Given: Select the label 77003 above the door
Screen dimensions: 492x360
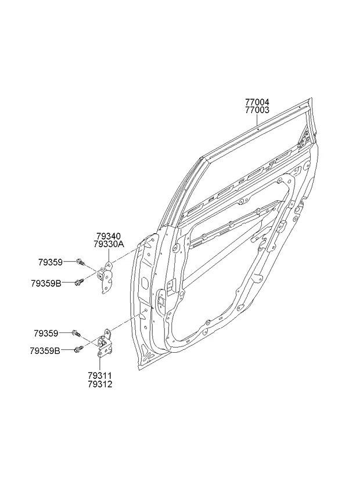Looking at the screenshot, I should [256, 109].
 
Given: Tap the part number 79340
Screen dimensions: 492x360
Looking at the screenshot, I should [109, 237].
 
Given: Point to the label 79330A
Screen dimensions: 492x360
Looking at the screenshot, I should [109, 245].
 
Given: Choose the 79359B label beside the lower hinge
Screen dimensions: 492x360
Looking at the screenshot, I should [46, 350].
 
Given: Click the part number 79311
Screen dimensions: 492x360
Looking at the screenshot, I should [100, 376].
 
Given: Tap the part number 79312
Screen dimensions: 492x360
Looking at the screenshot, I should [100, 384].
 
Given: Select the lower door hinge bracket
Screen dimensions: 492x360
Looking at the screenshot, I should [105, 346].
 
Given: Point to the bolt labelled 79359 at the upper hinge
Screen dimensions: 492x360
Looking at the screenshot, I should [80, 263].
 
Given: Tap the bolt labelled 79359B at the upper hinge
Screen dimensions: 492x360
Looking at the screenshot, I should [80, 283].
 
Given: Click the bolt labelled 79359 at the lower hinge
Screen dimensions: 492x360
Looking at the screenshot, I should [75, 333].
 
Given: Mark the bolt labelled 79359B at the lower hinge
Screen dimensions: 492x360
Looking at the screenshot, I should [79, 349].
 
